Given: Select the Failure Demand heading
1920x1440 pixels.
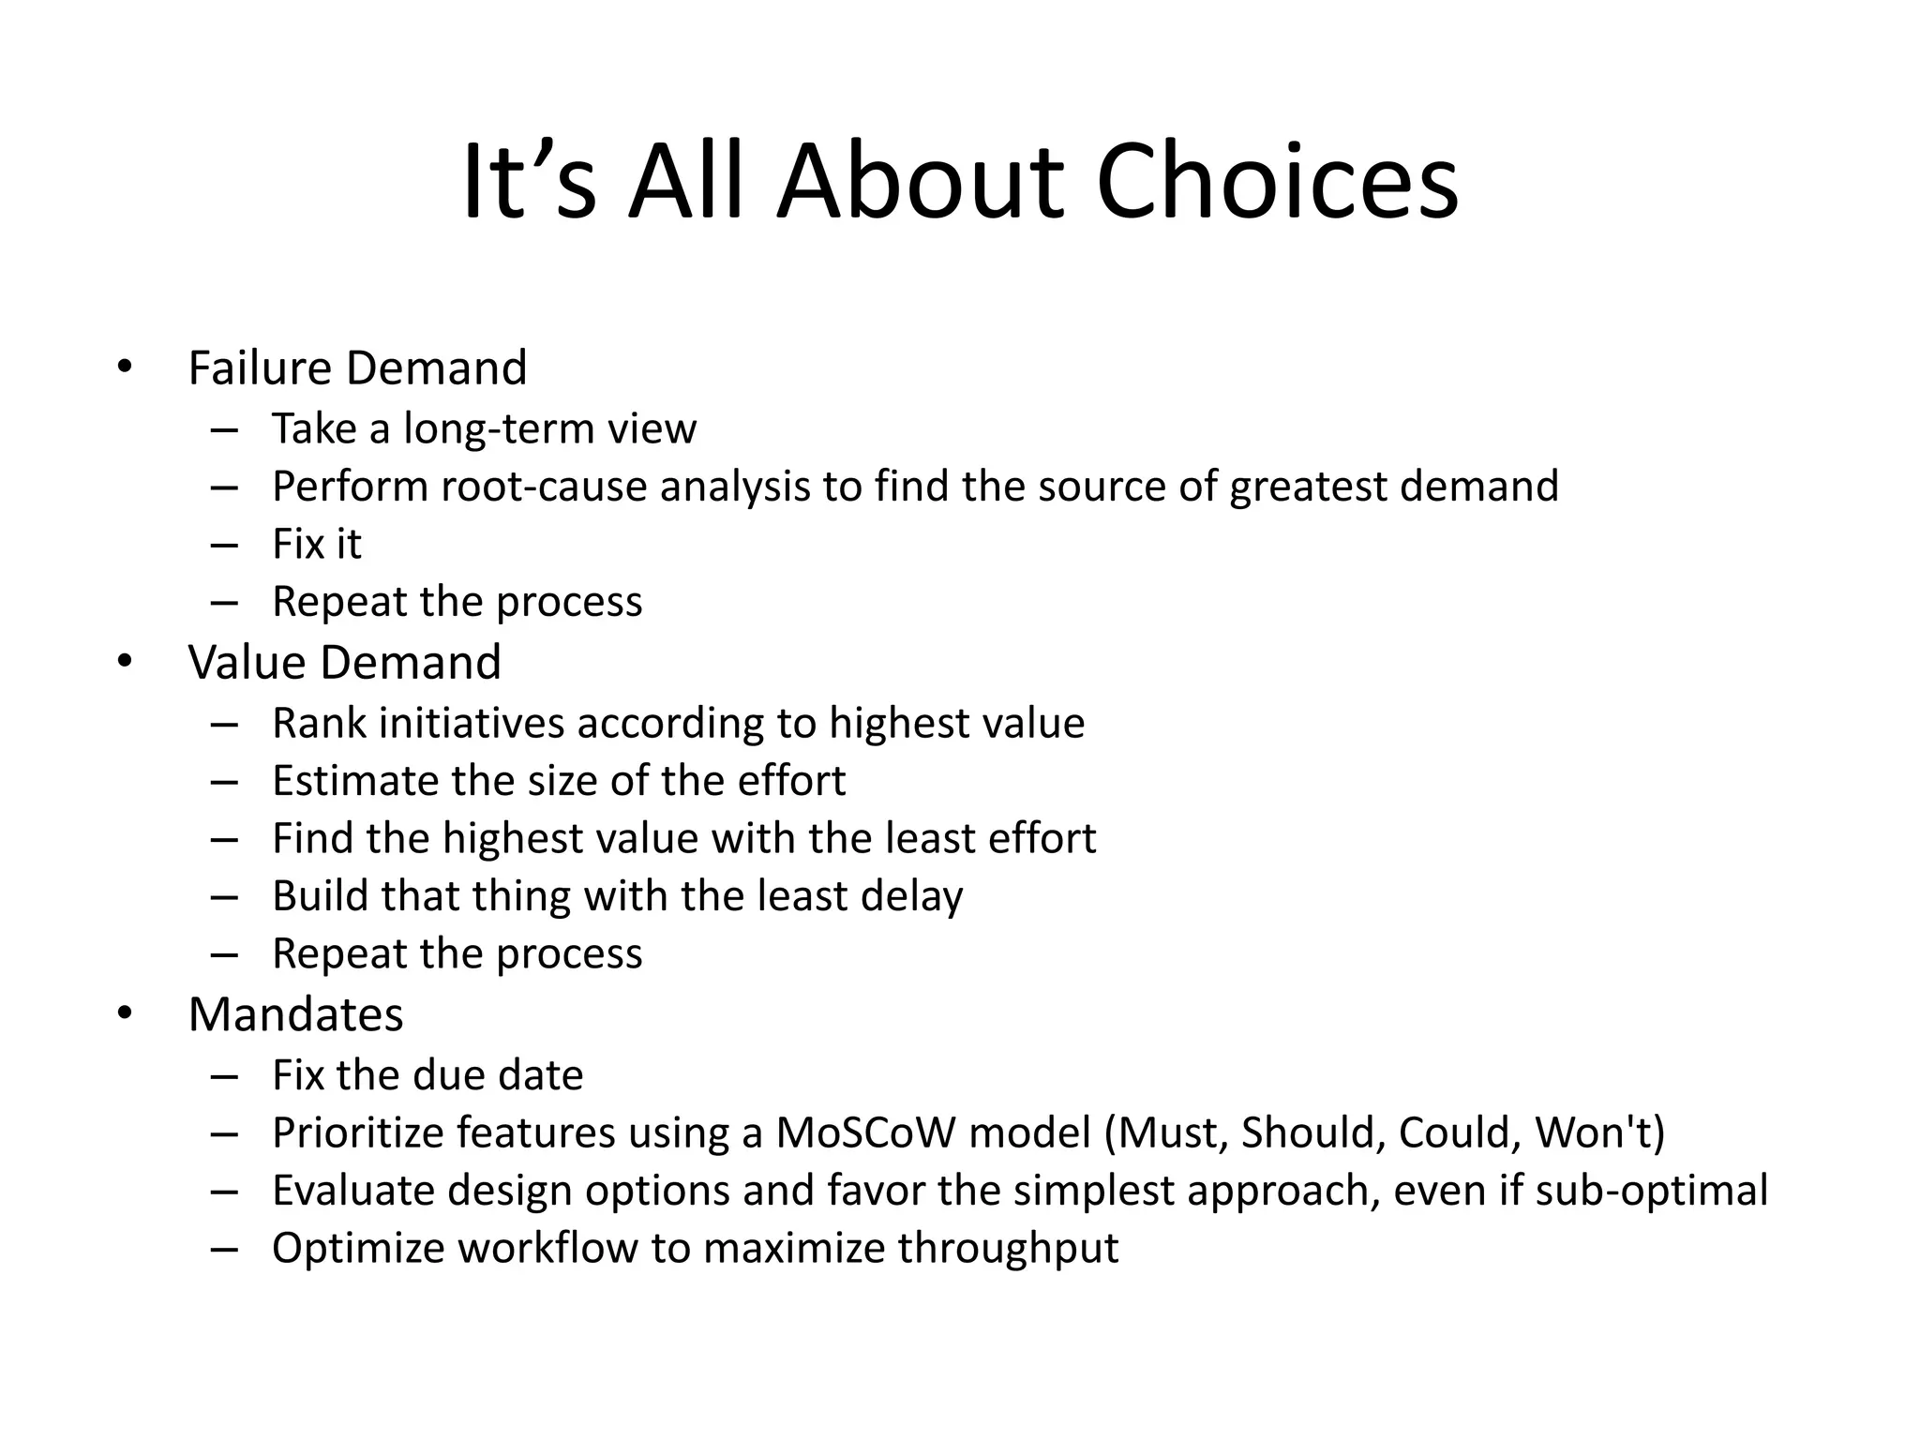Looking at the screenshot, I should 357,367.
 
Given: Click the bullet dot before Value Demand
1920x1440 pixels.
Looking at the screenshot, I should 126,661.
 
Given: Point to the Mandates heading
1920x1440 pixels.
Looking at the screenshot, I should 295,1014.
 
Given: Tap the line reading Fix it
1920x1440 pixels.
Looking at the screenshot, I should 316,545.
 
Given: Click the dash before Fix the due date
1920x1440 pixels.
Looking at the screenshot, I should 224,1076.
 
